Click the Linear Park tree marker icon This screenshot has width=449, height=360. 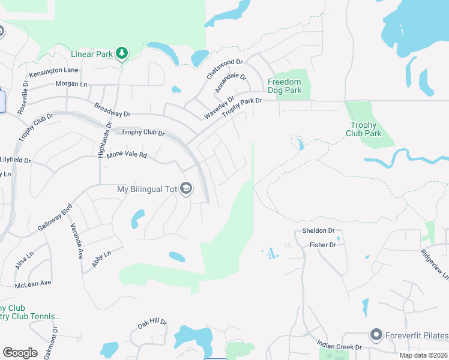click(x=122, y=53)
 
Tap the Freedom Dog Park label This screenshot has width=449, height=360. click(x=285, y=86)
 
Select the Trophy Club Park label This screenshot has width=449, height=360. click(x=363, y=129)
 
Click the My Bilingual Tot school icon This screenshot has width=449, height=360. click(x=186, y=189)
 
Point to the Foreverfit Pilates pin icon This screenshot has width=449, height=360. click(x=376, y=335)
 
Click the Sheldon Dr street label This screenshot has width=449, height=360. click(x=318, y=230)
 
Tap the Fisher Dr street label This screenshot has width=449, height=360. click(x=322, y=245)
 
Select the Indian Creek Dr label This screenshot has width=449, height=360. click(x=339, y=347)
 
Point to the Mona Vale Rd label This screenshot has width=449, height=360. click(x=127, y=155)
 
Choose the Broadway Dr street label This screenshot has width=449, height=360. click(x=112, y=110)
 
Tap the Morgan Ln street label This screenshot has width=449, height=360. click(x=71, y=84)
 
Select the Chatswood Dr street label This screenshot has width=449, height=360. click(x=224, y=69)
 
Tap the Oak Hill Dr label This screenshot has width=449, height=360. click(x=152, y=323)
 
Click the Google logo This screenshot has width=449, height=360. click(x=20, y=352)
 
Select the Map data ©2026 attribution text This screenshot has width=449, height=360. click(x=423, y=355)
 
